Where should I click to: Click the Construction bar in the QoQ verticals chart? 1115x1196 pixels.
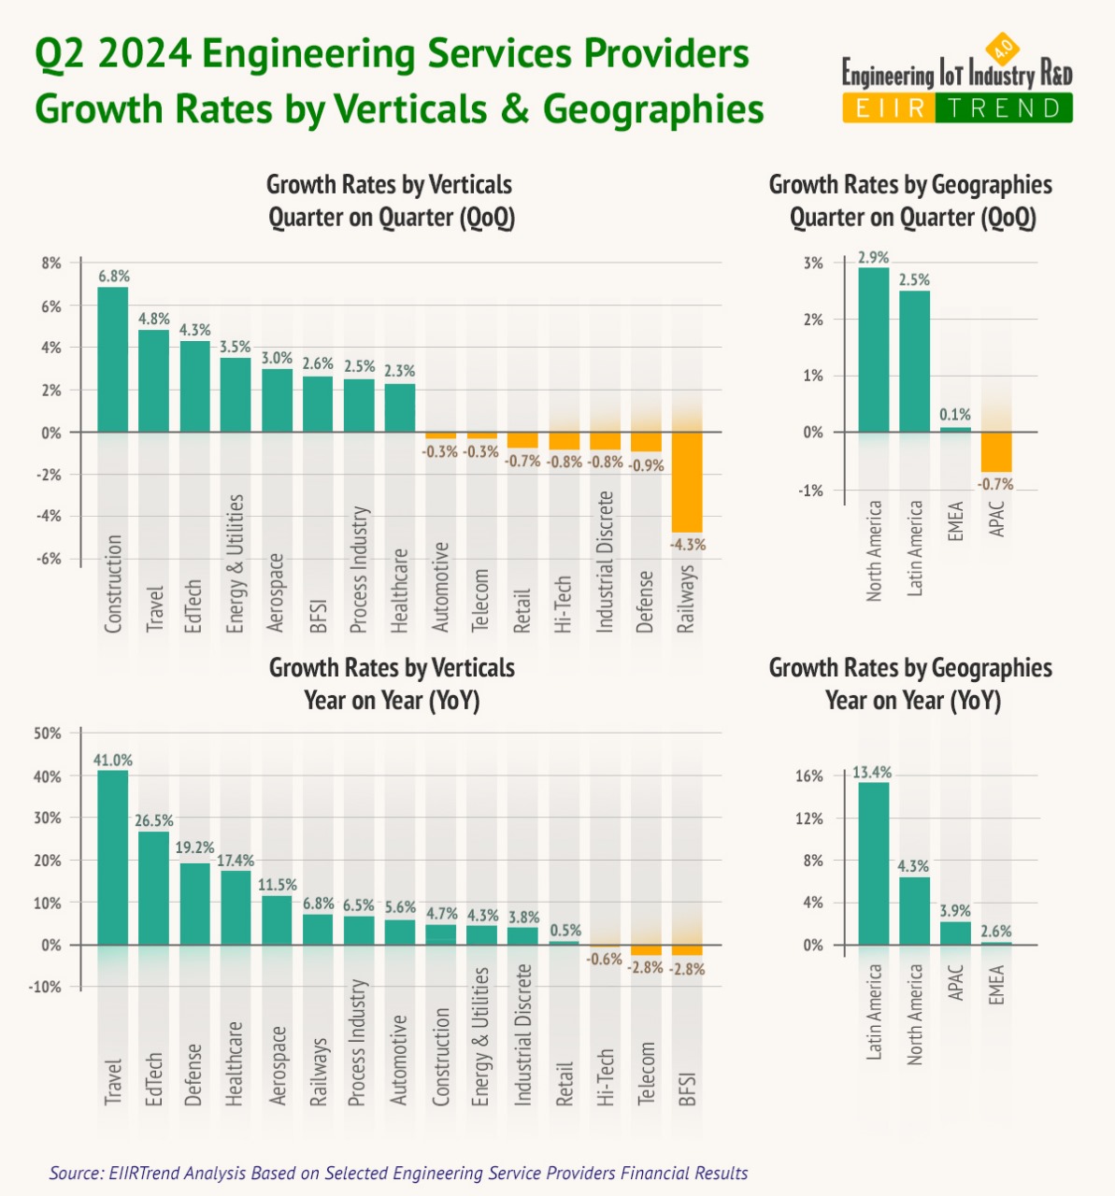[113, 360]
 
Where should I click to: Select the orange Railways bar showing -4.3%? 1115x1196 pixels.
[687, 482]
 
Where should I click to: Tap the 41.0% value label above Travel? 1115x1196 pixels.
[112, 760]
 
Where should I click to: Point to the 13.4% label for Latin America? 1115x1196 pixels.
[872, 773]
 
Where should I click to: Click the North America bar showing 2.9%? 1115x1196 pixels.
[873, 350]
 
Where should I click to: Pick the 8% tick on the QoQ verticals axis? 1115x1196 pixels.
[50, 263]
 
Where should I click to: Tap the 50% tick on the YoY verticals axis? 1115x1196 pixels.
[47, 733]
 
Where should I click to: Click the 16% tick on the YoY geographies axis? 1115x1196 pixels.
[809, 776]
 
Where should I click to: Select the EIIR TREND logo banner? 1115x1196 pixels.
[956, 107]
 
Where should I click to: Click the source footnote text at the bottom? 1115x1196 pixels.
[398, 1173]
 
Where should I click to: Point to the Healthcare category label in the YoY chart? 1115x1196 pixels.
[234, 1063]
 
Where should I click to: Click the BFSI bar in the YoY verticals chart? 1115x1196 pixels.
[687, 949]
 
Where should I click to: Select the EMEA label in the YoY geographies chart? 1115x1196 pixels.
[996, 984]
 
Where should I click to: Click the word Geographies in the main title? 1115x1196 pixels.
[653, 108]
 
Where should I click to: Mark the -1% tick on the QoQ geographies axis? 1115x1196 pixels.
[811, 491]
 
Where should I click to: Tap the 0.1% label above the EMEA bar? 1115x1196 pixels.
[955, 414]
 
